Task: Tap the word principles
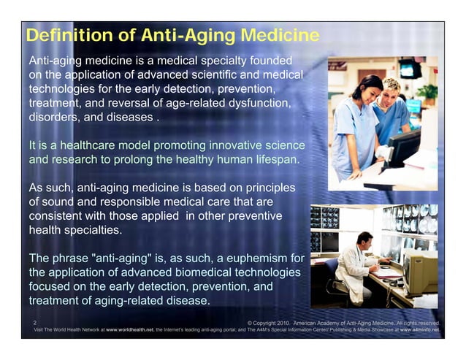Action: (x=269, y=188)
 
